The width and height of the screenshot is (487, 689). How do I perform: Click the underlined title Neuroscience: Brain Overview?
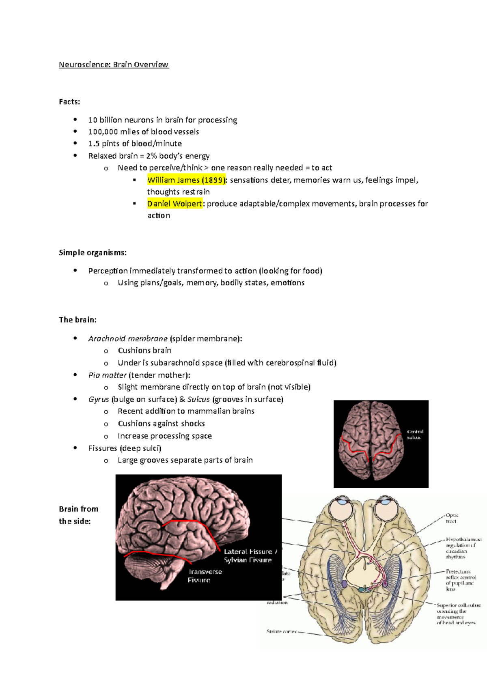pyautogui.click(x=114, y=65)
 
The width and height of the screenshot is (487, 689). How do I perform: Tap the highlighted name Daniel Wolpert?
pyautogui.click(x=175, y=204)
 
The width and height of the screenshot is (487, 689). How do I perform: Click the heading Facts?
pyautogui.click(x=69, y=102)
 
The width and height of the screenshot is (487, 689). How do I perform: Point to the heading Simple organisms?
pyautogui.click(x=93, y=253)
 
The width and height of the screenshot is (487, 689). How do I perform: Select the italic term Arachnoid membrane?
pyautogui.click(x=128, y=338)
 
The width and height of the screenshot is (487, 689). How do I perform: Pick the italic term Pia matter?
pyautogui.click(x=107, y=375)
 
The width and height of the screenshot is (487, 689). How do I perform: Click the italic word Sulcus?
pyautogui.click(x=198, y=399)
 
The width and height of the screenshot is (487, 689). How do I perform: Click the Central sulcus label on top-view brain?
pyautogui.click(x=415, y=435)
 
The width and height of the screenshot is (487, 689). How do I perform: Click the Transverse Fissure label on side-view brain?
pyautogui.click(x=205, y=576)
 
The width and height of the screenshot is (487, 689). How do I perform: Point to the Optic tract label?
pyautogui.click(x=452, y=518)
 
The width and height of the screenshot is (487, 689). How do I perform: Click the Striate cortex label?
pyautogui.click(x=281, y=631)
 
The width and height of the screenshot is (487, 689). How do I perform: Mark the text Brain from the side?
pyautogui.click(x=78, y=515)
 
